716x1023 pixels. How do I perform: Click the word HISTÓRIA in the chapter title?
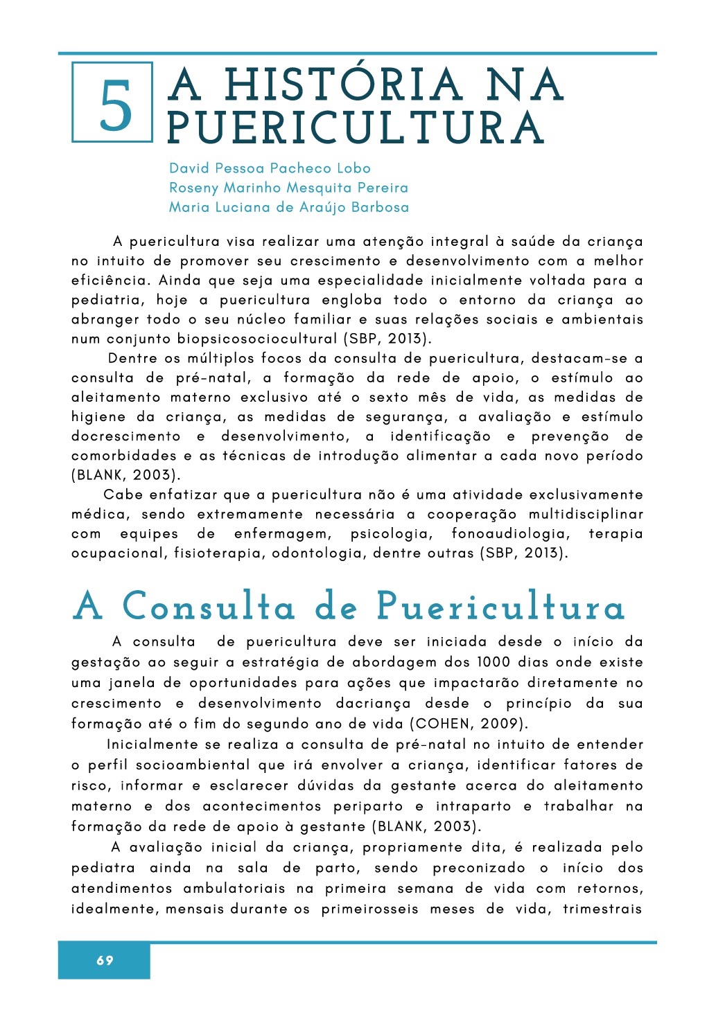[x=343, y=85]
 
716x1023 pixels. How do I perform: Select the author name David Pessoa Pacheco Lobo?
[x=270, y=168]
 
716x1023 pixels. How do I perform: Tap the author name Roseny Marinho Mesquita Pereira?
[x=288, y=188]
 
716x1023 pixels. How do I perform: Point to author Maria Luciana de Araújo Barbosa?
[x=289, y=207]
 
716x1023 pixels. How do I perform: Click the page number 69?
[x=105, y=960]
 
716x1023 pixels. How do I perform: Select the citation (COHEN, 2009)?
[x=469, y=724]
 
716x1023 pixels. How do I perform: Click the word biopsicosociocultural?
[x=257, y=339]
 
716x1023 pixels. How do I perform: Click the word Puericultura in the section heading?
[x=500, y=607]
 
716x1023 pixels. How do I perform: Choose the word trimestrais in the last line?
[x=602, y=909]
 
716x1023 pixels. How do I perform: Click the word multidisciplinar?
[x=586, y=515]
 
